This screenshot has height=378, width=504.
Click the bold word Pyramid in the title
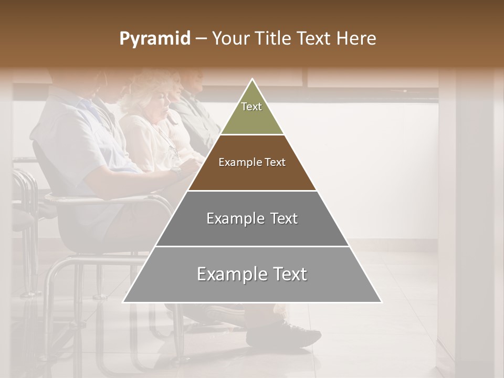pyautogui.click(x=154, y=39)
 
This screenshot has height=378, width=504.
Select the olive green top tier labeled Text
pyautogui.click(x=252, y=113)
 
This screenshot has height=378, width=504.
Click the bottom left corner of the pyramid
pyautogui.click(x=124, y=302)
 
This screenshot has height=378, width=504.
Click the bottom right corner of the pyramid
pyautogui.click(x=381, y=302)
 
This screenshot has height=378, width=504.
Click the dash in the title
pyautogui.click(x=201, y=39)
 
